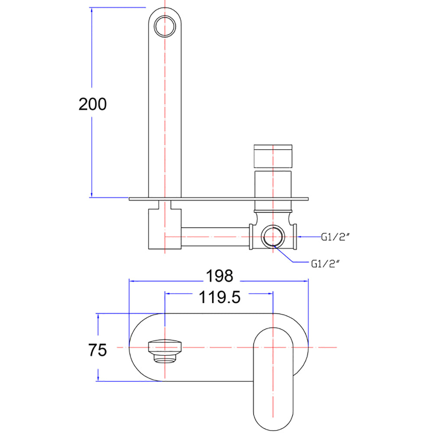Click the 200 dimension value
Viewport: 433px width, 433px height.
coord(93,104)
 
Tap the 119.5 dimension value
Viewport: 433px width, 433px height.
coord(220,297)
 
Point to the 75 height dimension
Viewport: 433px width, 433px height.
coord(97,350)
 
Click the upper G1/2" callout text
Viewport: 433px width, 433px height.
coord(336,237)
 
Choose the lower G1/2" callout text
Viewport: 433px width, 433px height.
coord(325,264)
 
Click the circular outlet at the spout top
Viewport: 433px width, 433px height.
coord(165,26)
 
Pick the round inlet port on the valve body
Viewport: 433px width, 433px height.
coord(273,237)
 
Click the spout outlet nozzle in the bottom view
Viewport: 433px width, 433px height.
coord(165,351)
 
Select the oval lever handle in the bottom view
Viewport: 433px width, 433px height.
coord(273,379)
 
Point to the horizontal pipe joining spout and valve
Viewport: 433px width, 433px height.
coord(215,237)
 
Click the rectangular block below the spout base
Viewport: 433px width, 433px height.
coord(165,229)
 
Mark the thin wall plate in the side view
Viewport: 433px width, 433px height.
coord(218,199)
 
